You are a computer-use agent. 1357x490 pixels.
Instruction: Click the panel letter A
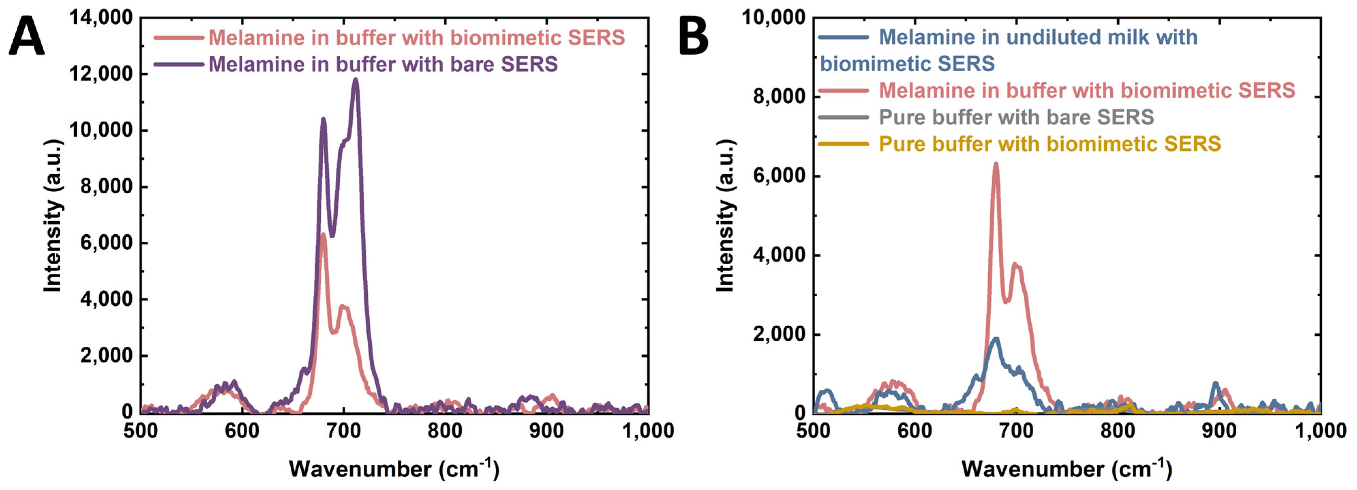[x=26, y=36]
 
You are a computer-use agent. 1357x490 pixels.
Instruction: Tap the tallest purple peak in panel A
[x=355, y=80]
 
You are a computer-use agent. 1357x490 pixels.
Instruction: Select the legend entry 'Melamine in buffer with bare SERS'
[x=383, y=64]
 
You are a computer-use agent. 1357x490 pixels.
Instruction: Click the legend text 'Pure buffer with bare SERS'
[x=1016, y=117]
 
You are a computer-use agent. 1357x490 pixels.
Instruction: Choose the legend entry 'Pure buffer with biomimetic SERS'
[x=1049, y=144]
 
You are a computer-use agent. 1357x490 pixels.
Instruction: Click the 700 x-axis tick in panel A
[x=344, y=431]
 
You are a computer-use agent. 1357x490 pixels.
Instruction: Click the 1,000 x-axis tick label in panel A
[x=647, y=431]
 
